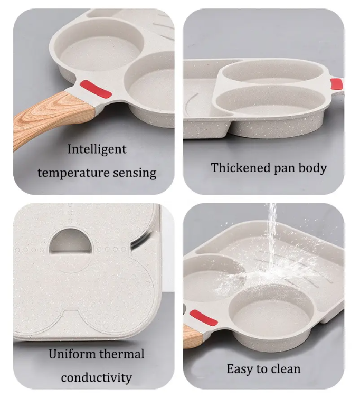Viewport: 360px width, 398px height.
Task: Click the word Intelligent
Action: (97, 149)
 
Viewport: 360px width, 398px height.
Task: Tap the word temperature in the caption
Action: (73, 173)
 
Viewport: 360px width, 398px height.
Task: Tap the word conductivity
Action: (97, 377)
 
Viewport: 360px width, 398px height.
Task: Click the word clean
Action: (286, 369)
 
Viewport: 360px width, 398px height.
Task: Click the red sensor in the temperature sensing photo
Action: (96, 89)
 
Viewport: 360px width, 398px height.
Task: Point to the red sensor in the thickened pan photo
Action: (336, 84)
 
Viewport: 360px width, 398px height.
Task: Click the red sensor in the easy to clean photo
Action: (203, 318)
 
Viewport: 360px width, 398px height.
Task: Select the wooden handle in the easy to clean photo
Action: (192, 336)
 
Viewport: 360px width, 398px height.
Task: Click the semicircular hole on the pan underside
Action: (70, 241)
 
